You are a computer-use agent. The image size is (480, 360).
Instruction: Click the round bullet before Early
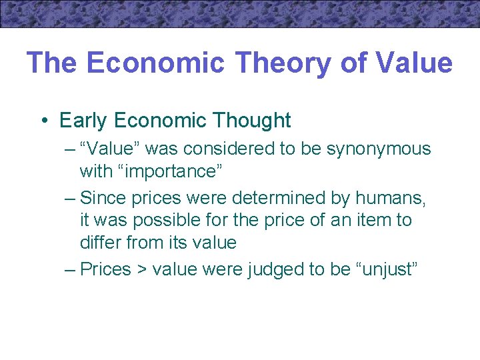[43, 121]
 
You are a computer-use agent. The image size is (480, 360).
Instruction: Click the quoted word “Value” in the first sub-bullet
[110, 149]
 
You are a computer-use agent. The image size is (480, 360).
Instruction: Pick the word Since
[103, 198]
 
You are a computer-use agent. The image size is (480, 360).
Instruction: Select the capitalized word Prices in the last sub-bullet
[105, 269]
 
